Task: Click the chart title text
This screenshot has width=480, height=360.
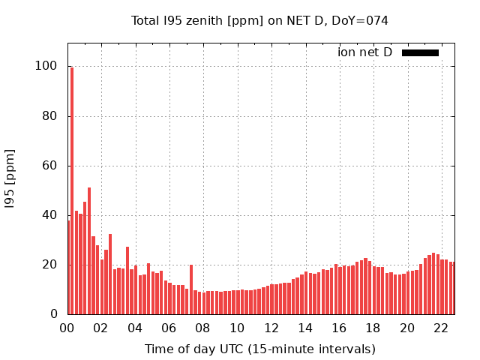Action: pyautogui.click(x=259, y=20)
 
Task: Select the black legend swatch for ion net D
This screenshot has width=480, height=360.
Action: pyautogui.click(x=420, y=52)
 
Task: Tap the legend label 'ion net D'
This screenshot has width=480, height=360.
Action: pyautogui.click(x=364, y=52)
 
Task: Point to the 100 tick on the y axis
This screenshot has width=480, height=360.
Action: pyautogui.click(x=46, y=66)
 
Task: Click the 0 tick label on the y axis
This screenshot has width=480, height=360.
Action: pyautogui.click(x=53, y=314)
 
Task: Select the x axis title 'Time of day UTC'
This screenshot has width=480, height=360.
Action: pyautogui.click(x=259, y=349)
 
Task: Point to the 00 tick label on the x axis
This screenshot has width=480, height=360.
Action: pyautogui.click(x=67, y=328)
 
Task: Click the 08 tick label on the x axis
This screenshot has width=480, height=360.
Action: pyautogui.click(x=203, y=328)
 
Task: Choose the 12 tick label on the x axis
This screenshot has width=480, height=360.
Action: pyautogui.click(x=271, y=328)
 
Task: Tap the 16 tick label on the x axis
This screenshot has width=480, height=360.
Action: pyautogui.click(x=340, y=328)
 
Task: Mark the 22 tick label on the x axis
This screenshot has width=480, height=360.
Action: pyautogui.click(x=442, y=328)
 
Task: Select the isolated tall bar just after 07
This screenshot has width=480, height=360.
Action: pyautogui.click(x=191, y=289)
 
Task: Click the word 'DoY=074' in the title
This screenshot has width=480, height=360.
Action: pyautogui.click(x=362, y=20)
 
